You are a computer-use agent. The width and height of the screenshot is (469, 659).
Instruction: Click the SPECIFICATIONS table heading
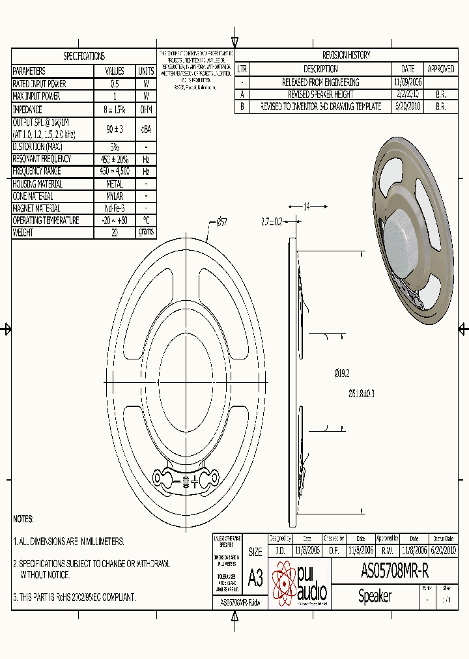click(x=83, y=56)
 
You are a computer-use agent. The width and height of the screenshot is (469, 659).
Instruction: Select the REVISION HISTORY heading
click(x=346, y=55)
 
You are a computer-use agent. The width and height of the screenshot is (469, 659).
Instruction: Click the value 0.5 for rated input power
click(x=115, y=84)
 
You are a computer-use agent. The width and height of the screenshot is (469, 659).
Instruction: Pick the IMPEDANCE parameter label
click(x=27, y=109)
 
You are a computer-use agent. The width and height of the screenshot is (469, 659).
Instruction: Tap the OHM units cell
click(x=146, y=109)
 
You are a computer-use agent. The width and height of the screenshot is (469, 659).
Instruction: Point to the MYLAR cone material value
click(x=115, y=196)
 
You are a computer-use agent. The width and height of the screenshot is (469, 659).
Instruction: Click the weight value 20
click(x=115, y=232)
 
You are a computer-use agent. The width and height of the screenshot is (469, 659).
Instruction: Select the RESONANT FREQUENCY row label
click(x=42, y=159)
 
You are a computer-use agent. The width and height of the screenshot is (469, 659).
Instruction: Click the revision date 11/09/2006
click(x=408, y=82)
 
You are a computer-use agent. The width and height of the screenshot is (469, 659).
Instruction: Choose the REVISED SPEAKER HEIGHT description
click(x=320, y=94)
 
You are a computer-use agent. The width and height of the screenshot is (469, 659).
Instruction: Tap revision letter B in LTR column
click(x=242, y=107)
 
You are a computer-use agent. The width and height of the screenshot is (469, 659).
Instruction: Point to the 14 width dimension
click(x=307, y=206)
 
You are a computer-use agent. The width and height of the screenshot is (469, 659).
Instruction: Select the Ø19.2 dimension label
click(x=342, y=373)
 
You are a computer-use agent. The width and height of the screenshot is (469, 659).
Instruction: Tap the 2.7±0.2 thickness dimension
click(x=272, y=222)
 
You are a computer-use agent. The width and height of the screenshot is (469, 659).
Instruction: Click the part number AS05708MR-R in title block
click(x=394, y=571)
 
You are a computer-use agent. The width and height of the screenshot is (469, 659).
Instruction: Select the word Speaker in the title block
click(x=375, y=596)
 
